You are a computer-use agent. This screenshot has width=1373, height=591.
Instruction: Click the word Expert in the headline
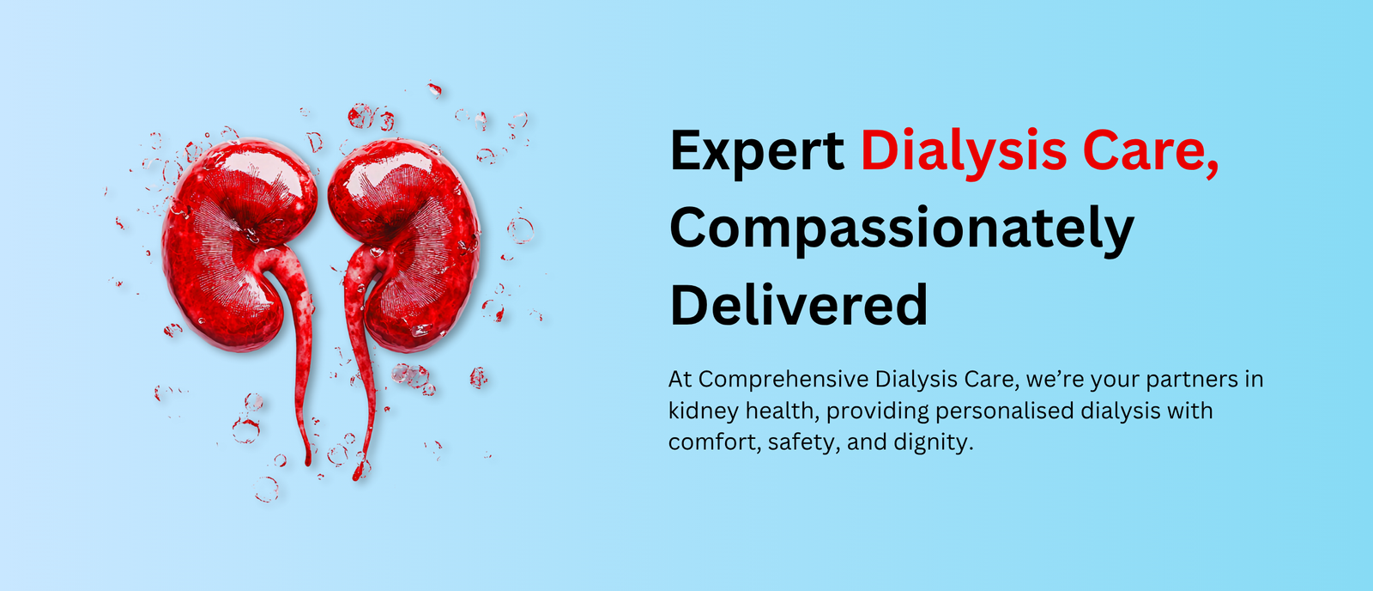pyautogui.click(x=757, y=151)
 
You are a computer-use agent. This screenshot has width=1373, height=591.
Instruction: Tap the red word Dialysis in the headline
pyautogui.click(x=964, y=151)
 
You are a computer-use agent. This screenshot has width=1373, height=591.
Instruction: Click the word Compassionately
pyautogui.click(x=902, y=231)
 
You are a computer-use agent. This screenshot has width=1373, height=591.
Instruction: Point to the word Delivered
pyautogui.click(x=799, y=304)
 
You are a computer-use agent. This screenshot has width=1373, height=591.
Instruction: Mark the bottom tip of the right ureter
pyautogui.click(x=356, y=478)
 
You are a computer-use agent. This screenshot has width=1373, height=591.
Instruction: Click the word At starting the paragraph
pyautogui.click(x=680, y=380)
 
